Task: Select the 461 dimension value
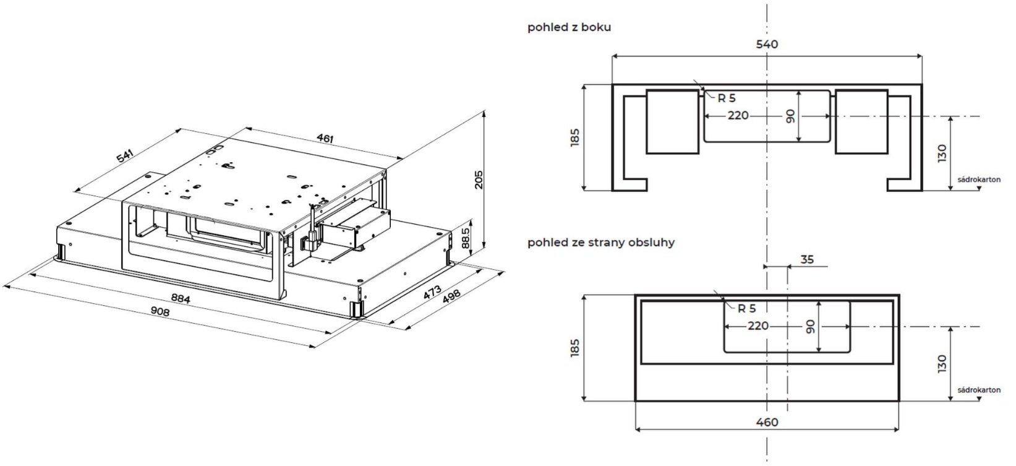[x=325, y=138]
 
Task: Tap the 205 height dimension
[x=479, y=179]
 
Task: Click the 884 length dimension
[x=180, y=298]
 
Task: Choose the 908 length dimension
[x=160, y=311]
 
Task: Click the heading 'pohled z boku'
[x=569, y=27]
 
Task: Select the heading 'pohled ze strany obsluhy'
[x=600, y=242]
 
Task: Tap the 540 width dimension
[x=767, y=45]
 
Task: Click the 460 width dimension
[x=767, y=422]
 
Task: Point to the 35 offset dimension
[x=807, y=259]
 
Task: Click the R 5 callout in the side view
[x=727, y=98]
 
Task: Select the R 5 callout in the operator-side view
[x=746, y=308]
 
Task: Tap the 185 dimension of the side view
[x=574, y=138]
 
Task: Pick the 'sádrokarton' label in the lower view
[x=979, y=390]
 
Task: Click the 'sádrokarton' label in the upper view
[x=979, y=179]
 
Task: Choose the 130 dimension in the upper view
[x=942, y=153]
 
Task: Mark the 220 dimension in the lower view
[x=758, y=326]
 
